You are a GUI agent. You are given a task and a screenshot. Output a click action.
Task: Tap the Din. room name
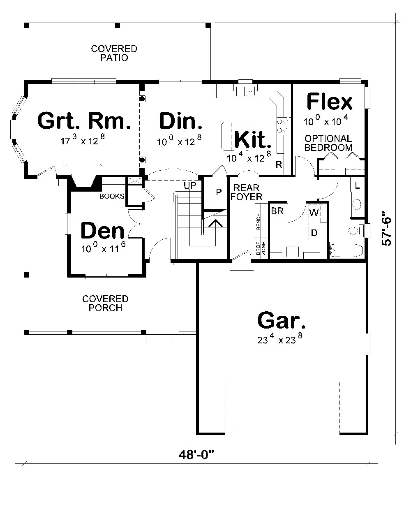pyautogui.click(x=180, y=122)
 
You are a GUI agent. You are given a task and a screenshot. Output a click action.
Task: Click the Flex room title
pyautogui.click(x=329, y=102)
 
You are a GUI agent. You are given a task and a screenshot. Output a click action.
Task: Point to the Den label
pyautogui.click(x=102, y=232)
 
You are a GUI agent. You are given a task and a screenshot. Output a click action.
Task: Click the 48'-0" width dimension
pyautogui.click(x=197, y=454)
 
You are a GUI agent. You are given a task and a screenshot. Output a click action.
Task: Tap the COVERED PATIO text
pyautogui.click(x=114, y=53)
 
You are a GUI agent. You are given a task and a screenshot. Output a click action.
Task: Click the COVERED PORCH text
pyautogui.click(x=105, y=303)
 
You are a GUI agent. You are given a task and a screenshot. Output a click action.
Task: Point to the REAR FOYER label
pyautogui.click(x=246, y=193)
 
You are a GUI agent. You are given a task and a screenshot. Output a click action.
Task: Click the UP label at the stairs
pyautogui.click(x=190, y=186)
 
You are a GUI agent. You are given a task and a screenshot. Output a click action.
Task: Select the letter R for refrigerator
pyautogui.click(x=278, y=165)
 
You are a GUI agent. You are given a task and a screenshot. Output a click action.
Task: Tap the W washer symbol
pyautogui.click(x=314, y=213)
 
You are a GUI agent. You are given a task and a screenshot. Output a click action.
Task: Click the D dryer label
pyautogui.click(x=314, y=233)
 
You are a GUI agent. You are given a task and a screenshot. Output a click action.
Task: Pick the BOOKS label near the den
pyautogui.click(x=111, y=196)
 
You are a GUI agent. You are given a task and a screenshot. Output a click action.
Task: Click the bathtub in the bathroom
pyautogui.click(x=346, y=251)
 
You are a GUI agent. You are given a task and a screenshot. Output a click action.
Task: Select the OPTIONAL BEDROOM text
pyautogui.click(x=328, y=143)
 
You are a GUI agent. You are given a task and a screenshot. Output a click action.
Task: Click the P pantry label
pyautogui.click(x=218, y=192)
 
